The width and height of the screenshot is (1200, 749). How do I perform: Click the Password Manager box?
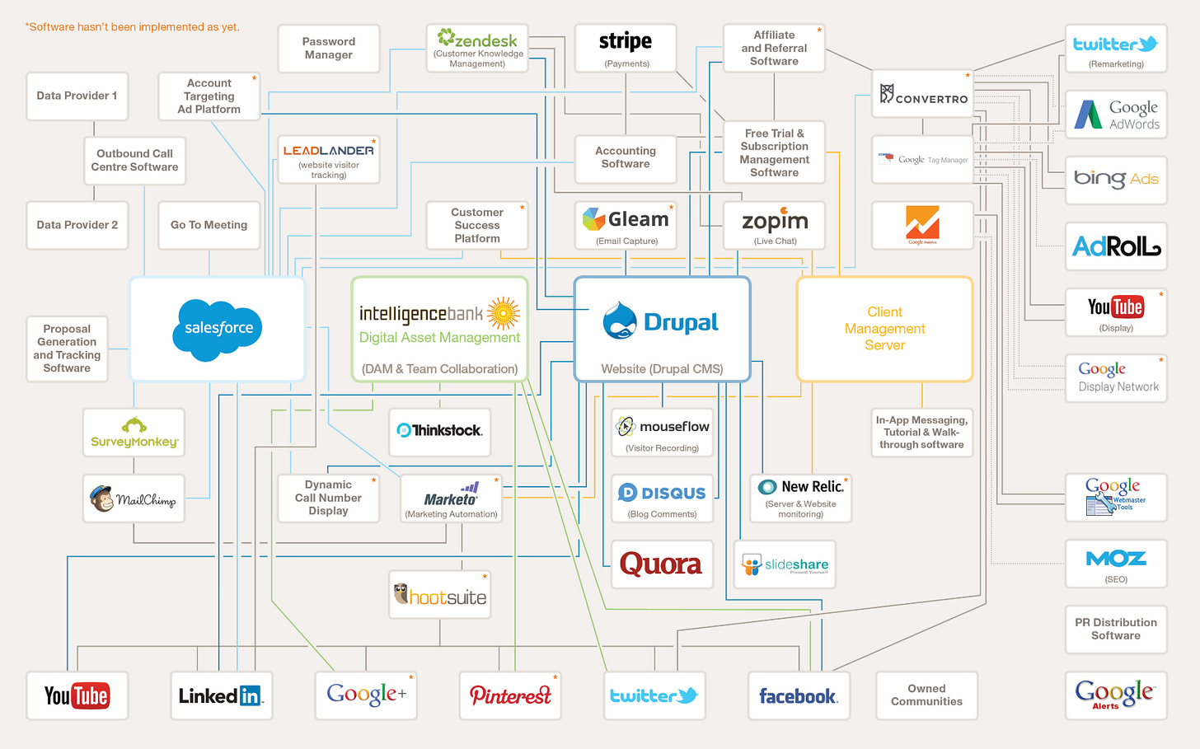[328, 49]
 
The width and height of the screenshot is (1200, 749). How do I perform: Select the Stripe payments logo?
[625, 41]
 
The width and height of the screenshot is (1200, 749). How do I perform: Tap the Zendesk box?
[477, 48]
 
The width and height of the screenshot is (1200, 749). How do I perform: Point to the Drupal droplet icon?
[619, 321]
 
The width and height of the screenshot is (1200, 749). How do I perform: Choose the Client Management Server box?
[884, 329]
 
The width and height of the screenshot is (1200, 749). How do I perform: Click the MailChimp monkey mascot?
[102, 498]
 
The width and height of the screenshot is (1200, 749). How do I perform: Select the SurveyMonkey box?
[134, 432]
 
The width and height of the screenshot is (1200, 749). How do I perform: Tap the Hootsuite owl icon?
[401, 593]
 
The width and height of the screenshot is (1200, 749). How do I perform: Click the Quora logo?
[661, 564]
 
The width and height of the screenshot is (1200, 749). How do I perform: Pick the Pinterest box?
[510, 695]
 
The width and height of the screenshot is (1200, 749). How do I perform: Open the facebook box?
[798, 695]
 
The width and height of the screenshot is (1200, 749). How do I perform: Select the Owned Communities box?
[926, 695]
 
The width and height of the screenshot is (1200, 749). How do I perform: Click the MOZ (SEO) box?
[1116, 564]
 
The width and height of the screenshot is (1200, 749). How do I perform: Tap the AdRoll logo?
[1116, 246]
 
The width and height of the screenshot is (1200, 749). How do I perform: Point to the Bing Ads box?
[1116, 180]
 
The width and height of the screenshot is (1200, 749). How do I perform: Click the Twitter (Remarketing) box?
[1116, 49]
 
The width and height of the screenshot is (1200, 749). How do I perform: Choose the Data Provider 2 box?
[77, 225]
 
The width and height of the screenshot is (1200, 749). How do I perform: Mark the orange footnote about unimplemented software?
[133, 27]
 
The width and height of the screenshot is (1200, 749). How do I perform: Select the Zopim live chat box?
[775, 225]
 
